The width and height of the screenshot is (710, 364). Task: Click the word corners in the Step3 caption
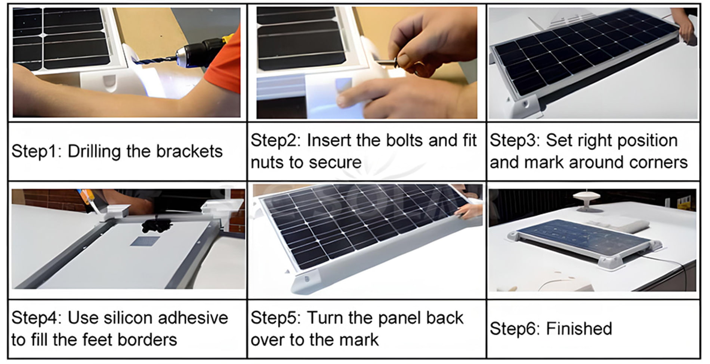click(658, 162)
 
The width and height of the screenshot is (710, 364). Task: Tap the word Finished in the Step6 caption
click(579, 329)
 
